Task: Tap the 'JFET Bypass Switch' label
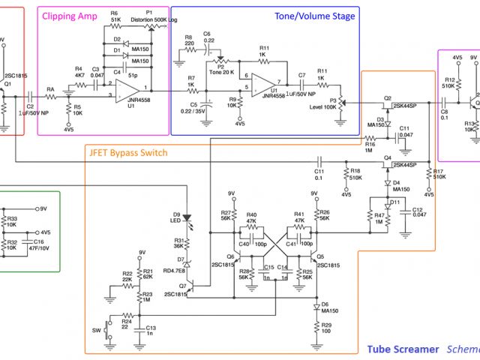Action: [128, 152]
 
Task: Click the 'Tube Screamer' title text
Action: [403, 349]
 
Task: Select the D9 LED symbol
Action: [187, 220]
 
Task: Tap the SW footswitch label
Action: [95, 328]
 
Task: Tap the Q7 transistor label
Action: [181, 286]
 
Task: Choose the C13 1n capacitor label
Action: [151, 331]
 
